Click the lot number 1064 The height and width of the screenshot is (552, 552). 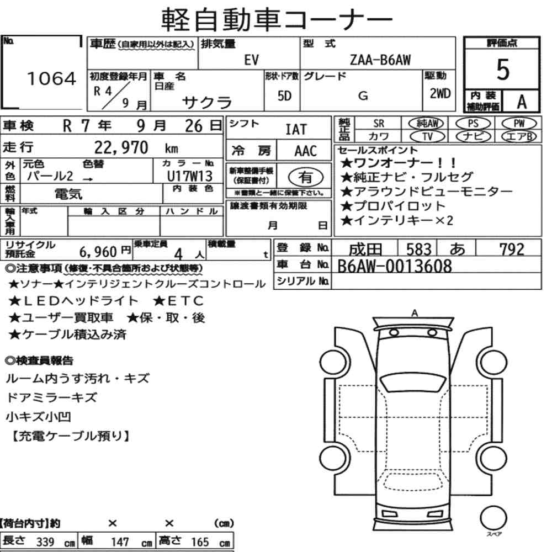tap(51, 78)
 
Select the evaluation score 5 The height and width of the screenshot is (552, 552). tap(503, 70)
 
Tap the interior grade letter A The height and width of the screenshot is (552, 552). tap(522, 102)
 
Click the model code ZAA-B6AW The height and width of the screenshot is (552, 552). tap(380, 60)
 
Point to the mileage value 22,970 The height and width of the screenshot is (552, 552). tap(121, 147)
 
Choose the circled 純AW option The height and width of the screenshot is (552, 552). tap(426, 123)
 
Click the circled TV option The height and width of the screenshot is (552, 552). tap(427, 136)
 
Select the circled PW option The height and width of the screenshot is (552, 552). tap(519, 123)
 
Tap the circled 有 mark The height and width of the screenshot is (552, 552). tap(306, 177)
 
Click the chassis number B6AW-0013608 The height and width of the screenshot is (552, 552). tap(395, 266)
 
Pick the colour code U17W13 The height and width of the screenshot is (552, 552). tap(190, 176)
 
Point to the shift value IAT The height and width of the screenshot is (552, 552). tap(296, 130)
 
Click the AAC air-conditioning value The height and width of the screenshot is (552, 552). tap(306, 151)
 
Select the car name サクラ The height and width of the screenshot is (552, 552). tap(207, 103)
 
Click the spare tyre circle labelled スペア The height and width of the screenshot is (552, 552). tap(493, 518)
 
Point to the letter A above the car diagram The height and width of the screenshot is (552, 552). tap(415, 312)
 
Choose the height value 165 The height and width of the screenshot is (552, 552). tap(200, 542)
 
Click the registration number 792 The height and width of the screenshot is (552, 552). tap(512, 250)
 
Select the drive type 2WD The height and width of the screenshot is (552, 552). tap(440, 93)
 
